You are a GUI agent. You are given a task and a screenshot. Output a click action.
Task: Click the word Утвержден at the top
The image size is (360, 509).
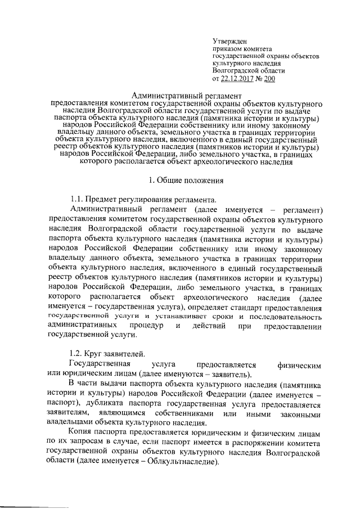coord(228,41)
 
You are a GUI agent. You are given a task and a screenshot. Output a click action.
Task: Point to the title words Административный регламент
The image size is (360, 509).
coord(186,97)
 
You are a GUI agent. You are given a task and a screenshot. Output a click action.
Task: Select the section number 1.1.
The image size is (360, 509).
coord(76,200)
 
